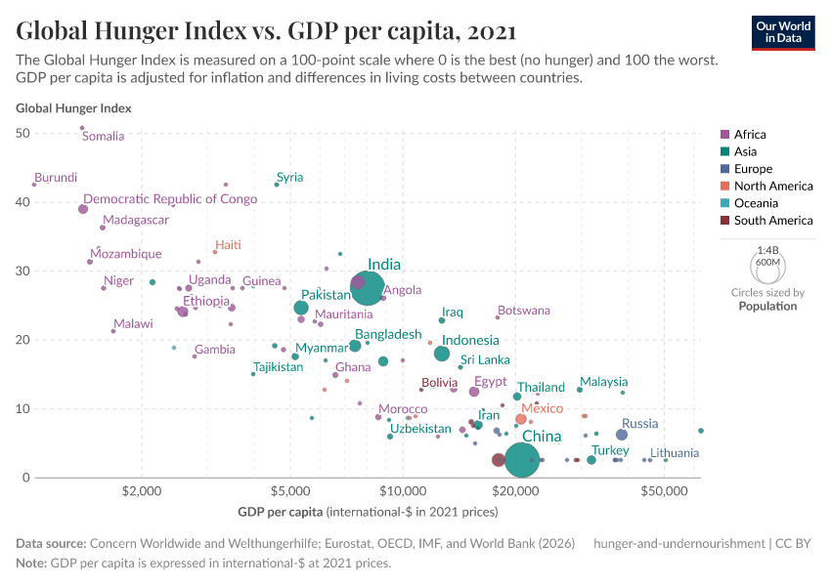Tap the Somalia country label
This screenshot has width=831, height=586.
103,137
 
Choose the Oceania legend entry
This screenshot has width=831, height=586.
755,203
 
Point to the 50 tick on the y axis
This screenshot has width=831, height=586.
24,133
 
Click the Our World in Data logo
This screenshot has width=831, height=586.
783,31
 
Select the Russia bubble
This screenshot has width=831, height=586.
622,435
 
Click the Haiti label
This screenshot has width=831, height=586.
228,245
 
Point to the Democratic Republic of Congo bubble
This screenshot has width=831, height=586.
83,209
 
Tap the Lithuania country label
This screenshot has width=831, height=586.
675,453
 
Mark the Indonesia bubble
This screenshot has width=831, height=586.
442,354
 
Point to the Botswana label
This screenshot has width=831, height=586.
523,311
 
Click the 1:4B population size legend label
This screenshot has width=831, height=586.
767,251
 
